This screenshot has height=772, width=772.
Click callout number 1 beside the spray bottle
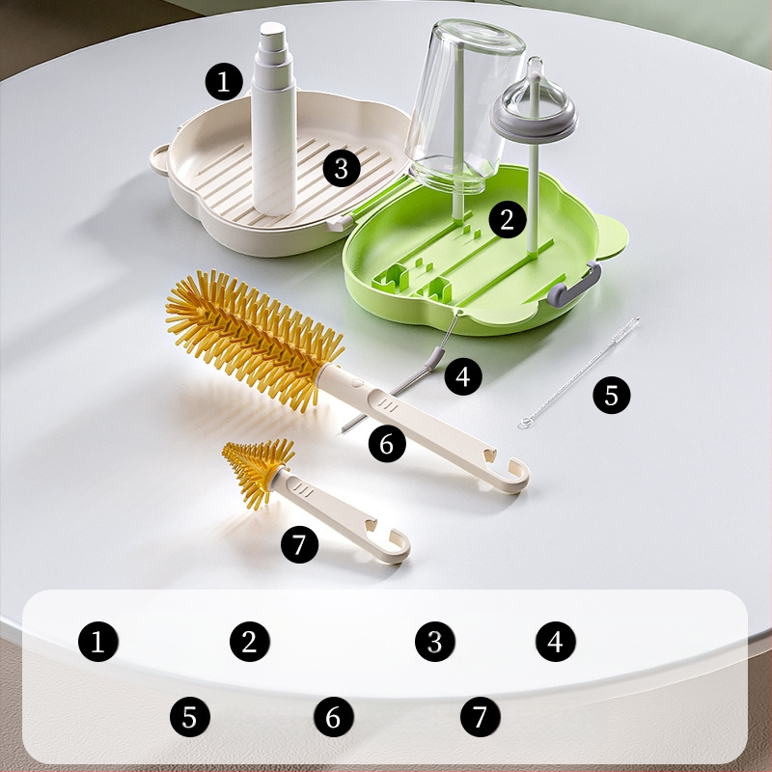(x=224, y=81)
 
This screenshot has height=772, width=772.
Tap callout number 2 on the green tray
(x=508, y=219)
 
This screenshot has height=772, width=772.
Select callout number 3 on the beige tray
(x=342, y=168)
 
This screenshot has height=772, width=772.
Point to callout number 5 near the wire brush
(x=612, y=395)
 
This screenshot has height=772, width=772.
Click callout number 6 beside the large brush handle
(x=387, y=444)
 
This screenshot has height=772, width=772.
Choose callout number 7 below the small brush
(x=299, y=544)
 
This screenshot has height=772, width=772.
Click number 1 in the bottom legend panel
(x=98, y=642)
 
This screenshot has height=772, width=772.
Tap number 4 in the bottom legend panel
(x=556, y=642)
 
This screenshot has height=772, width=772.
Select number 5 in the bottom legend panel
(x=190, y=717)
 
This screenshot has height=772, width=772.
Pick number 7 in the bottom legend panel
(x=481, y=717)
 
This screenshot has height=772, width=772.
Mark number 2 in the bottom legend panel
(x=250, y=642)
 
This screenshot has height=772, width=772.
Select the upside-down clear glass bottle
(x=463, y=103)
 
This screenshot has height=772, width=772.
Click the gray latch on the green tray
(x=574, y=286)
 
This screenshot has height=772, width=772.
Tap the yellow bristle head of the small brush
(x=257, y=470)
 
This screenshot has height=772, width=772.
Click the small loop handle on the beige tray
(x=158, y=160)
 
